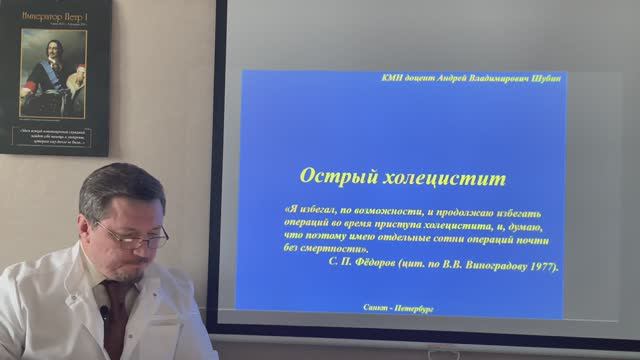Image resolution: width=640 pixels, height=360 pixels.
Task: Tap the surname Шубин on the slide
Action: (x=540, y=76)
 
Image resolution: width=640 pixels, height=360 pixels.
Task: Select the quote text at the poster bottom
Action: (x=55, y=136)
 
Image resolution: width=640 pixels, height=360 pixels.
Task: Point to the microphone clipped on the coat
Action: (x=104, y=313)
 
